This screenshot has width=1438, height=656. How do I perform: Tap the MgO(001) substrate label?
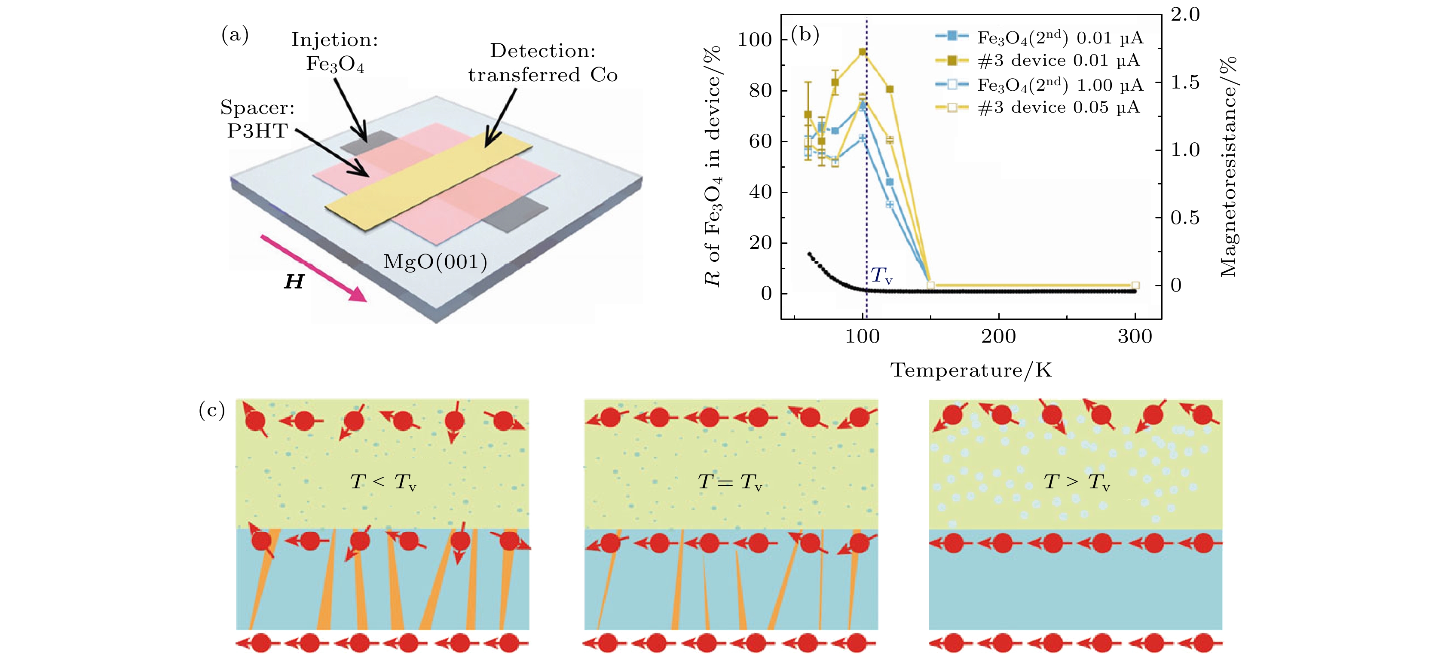click(435, 261)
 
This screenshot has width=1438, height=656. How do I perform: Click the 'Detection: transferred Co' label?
click(543, 62)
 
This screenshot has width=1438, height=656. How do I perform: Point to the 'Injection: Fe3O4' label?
click(334, 51)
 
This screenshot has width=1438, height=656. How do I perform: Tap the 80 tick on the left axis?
click(760, 90)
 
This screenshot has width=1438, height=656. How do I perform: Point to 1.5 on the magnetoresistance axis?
click(1184, 83)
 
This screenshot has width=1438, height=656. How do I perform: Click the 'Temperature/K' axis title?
click(970, 370)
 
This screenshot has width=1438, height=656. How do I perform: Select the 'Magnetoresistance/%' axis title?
click(1228, 166)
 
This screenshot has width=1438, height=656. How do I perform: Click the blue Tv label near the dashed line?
click(881, 275)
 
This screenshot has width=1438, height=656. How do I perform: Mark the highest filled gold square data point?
click(863, 52)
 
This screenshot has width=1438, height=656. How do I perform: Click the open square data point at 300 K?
click(1135, 285)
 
